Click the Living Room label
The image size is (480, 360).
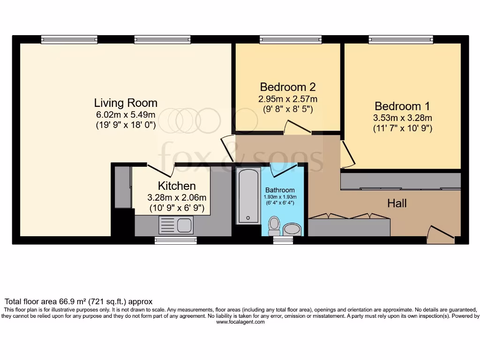pos(126,103)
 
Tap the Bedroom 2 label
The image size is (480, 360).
pos(287,87)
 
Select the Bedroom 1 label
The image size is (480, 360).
pos(402,106)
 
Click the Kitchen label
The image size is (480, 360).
pos(177,186)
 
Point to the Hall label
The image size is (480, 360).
pos(397,203)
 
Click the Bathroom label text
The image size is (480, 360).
pos(280,190)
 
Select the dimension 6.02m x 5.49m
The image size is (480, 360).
pos(126,115)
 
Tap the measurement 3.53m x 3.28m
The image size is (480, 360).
pos(402,118)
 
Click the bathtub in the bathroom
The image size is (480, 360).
pos(248,195)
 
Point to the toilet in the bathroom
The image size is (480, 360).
pos(274,226)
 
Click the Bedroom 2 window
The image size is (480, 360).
pos(291,40)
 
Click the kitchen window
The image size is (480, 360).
pos(176,240)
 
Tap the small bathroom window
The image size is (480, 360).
pos(283,240)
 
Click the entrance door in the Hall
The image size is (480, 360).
pos(441,234)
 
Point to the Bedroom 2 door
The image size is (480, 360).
pos(297,127)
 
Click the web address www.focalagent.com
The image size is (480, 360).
pos(240,322)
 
